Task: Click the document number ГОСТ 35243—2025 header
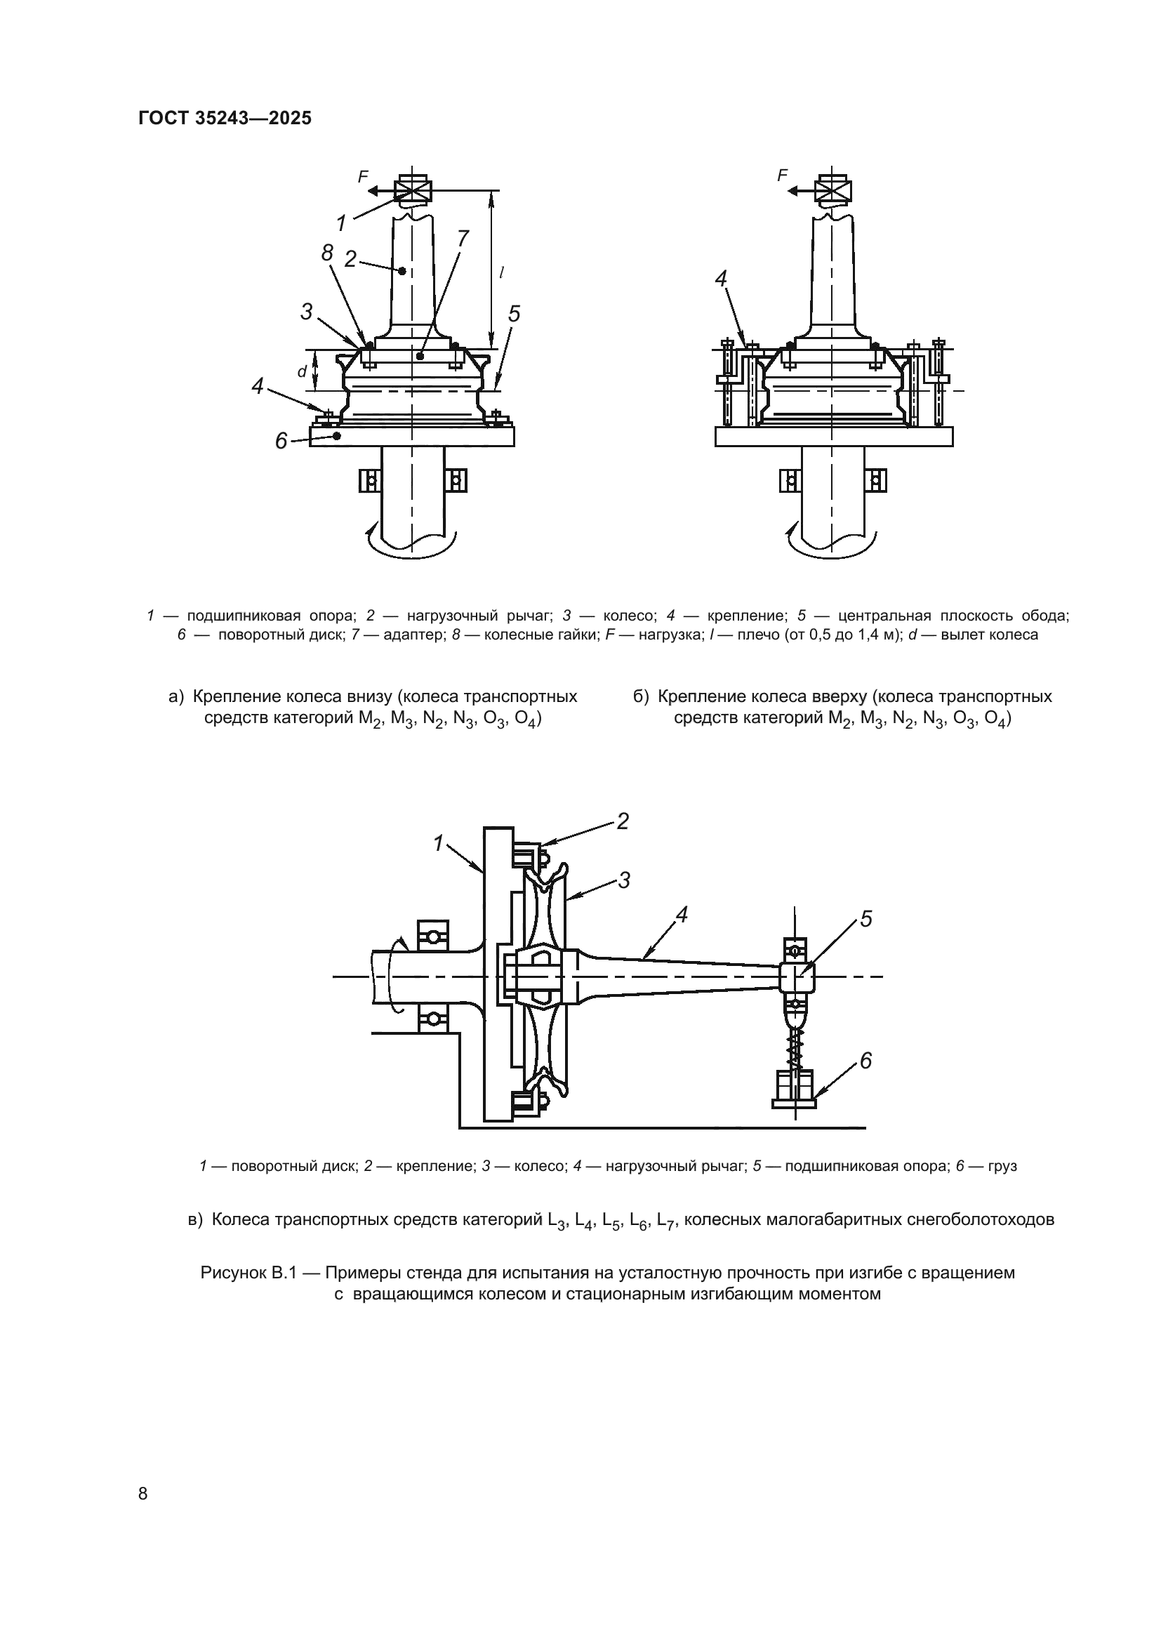pyautogui.click(x=225, y=118)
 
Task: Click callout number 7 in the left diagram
pyautogui.click(x=462, y=239)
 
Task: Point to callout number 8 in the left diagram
pyautogui.click(x=326, y=253)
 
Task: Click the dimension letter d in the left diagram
pyautogui.click(x=302, y=372)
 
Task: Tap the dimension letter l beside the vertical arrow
pyautogui.click(x=502, y=272)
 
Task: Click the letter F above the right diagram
pyautogui.click(x=782, y=176)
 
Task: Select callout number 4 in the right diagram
pyautogui.click(x=721, y=279)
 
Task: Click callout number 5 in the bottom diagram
pyautogui.click(x=865, y=919)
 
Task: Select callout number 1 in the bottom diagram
pyautogui.click(x=438, y=843)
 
